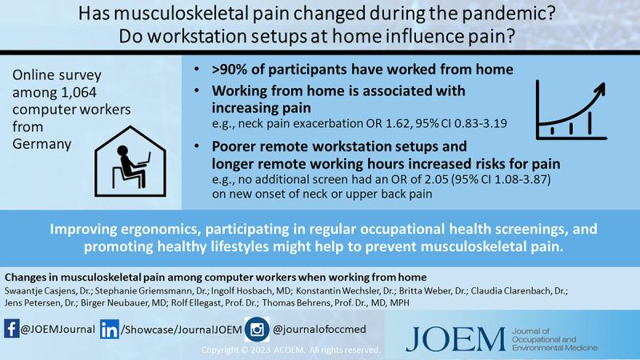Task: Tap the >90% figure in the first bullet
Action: tap(231, 70)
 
